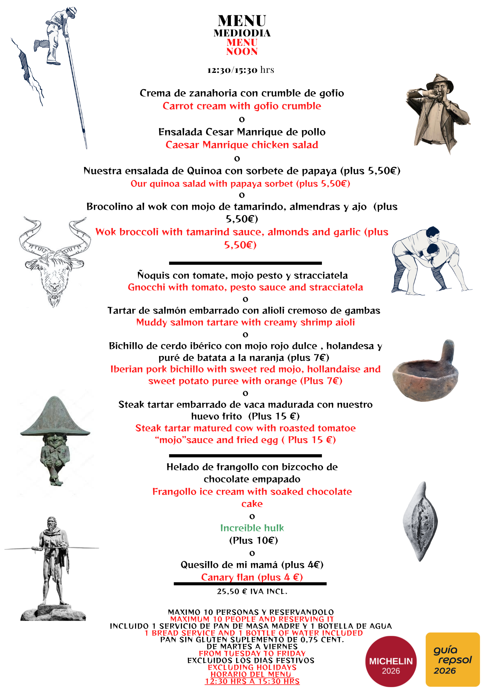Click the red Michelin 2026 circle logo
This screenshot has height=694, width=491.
pyautogui.click(x=391, y=661)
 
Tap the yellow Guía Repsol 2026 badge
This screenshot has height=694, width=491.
pyautogui.click(x=452, y=659)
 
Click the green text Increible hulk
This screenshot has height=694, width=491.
pyautogui.click(x=252, y=528)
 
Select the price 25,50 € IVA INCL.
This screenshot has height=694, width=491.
pyautogui.click(x=252, y=591)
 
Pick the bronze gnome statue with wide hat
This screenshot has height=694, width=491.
pyautogui.click(x=55, y=441)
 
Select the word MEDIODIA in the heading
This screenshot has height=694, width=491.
pyautogui.click(x=242, y=33)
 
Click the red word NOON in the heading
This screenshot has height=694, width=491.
pyautogui.click(x=242, y=52)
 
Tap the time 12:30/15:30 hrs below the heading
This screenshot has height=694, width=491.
pyautogui.click(x=241, y=70)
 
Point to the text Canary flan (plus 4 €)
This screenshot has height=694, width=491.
pyautogui.click(x=252, y=577)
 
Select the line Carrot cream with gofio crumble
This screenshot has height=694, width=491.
pyautogui.click(x=242, y=106)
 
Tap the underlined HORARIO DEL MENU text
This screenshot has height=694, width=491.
pyautogui.click(x=251, y=674)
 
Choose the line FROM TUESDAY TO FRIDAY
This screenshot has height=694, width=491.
pyautogui.click(x=252, y=653)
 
